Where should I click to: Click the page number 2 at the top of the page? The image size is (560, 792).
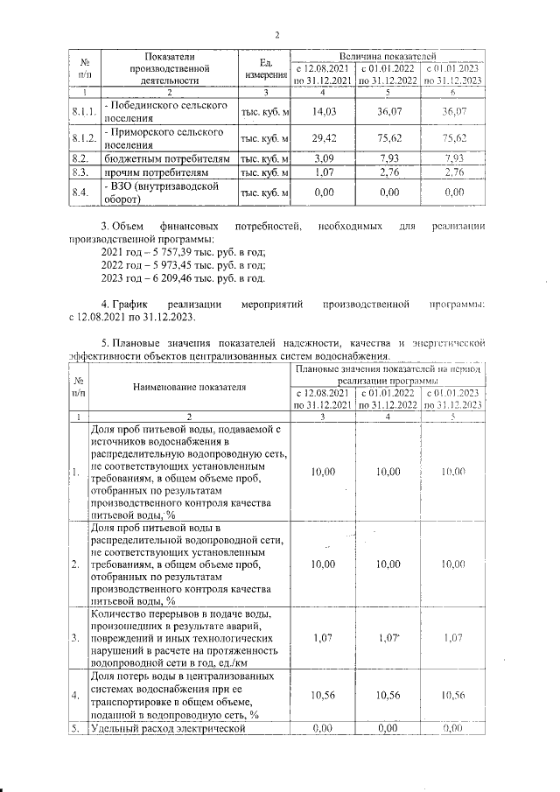click(276, 35)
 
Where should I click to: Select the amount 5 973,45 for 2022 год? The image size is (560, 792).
click(173, 265)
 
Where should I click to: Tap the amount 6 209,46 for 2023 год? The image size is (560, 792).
click(173, 279)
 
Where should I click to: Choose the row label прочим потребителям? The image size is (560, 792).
click(158, 174)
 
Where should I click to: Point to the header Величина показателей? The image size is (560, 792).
click(388, 55)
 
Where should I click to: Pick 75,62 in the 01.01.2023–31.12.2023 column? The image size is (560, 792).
click(453, 137)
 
